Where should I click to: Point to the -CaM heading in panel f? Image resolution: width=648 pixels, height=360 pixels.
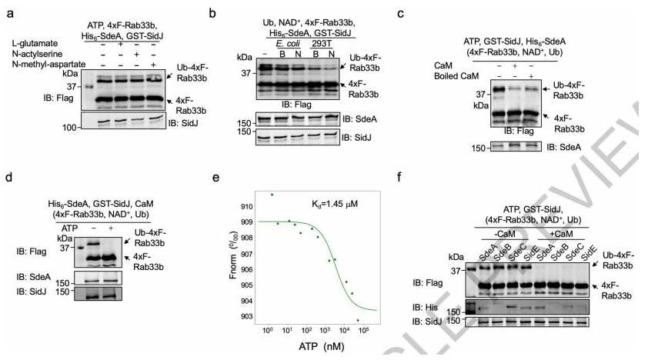(x=506, y=233)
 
